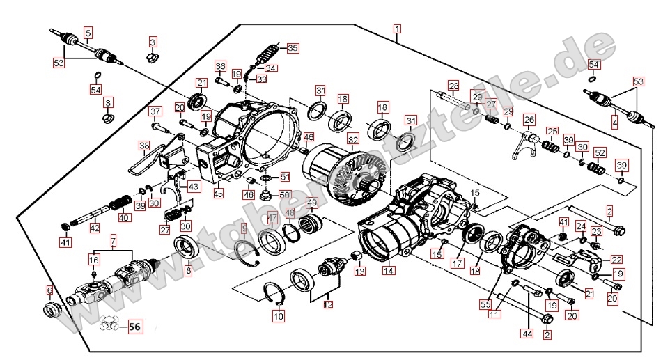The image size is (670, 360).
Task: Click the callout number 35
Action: pyautogui.click(x=293, y=48)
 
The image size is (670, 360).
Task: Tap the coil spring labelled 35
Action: pyautogui.click(x=268, y=54)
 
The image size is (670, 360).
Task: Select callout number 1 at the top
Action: pyautogui.click(x=396, y=29)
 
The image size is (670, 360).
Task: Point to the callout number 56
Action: pyautogui.click(x=134, y=324)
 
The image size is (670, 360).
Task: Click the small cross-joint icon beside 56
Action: pyautogui.click(x=109, y=323)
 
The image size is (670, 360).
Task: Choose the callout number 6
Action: pyautogui.click(x=49, y=290)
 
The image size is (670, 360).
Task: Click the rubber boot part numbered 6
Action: pyautogui.click(x=52, y=309)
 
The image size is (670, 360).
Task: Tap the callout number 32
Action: pyautogui.click(x=353, y=139)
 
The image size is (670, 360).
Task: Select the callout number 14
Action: pyautogui.click(x=388, y=270)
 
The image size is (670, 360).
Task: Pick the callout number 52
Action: pyautogui.click(x=600, y=152)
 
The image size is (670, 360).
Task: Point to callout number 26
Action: pyautogui.click(x=529, y=118)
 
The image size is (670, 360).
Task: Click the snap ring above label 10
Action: pyautogui.click(x=275, y=293)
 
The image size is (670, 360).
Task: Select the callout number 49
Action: pyautogui.click(x=312, y=203)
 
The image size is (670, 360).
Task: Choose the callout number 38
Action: pyautogui.click(x=144, y=146)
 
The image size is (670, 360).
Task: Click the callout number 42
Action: pyautogui.click(x=95, y=228)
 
